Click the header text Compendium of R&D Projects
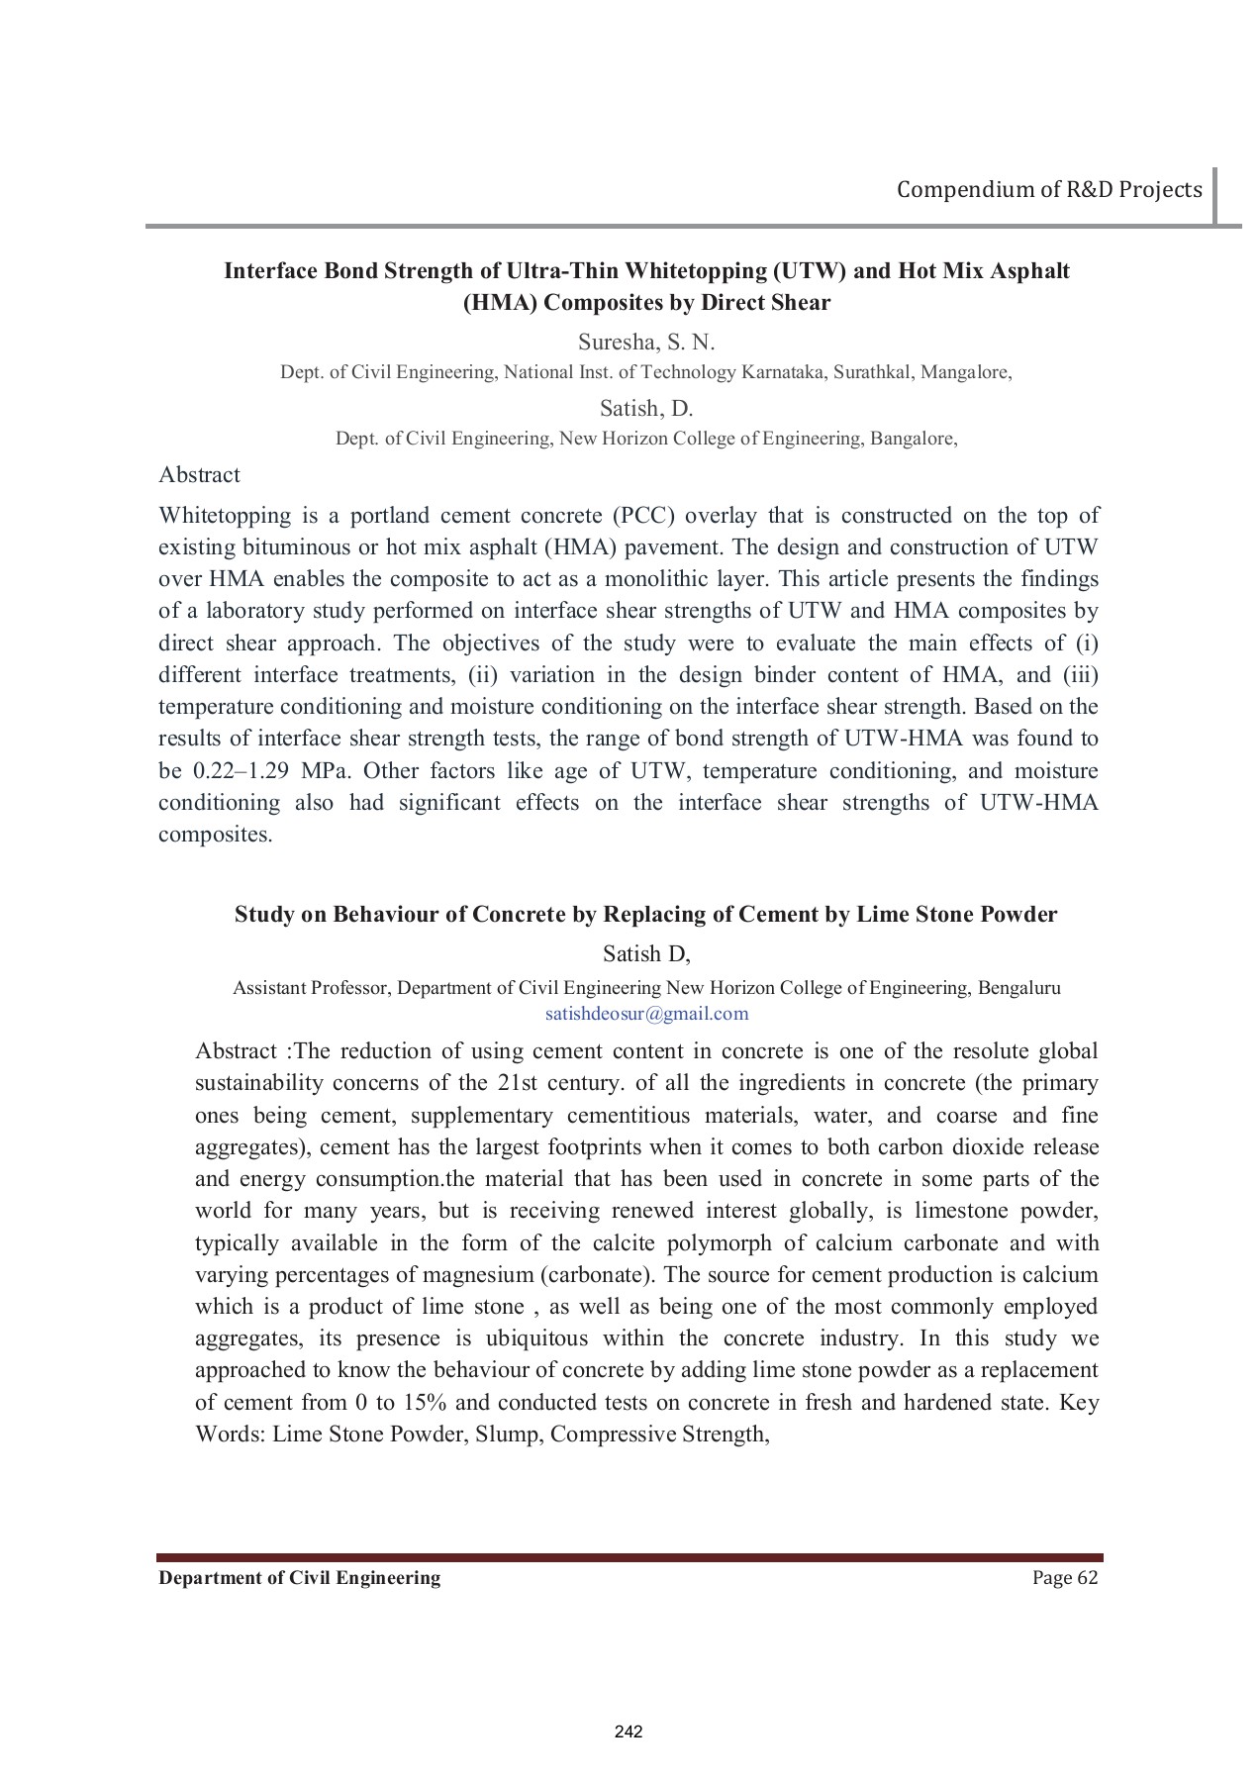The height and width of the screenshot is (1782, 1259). tap(1049, 189)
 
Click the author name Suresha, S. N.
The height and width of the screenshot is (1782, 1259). tap(645, 343)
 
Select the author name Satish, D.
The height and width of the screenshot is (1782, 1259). tap(645, 409)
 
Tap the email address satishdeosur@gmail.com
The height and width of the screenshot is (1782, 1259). tap(646, 1014)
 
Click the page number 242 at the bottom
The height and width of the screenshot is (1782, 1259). tap(629, 1732)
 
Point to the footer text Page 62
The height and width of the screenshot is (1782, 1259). tap(1065, 1577)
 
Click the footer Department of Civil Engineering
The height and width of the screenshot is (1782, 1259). tap(300, 1577)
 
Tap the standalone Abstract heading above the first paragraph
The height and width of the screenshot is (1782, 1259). tap(199, 475)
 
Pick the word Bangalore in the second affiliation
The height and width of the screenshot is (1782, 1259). tap(913, 439)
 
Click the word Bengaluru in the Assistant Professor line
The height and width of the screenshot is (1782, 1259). tap(1018, 987)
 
